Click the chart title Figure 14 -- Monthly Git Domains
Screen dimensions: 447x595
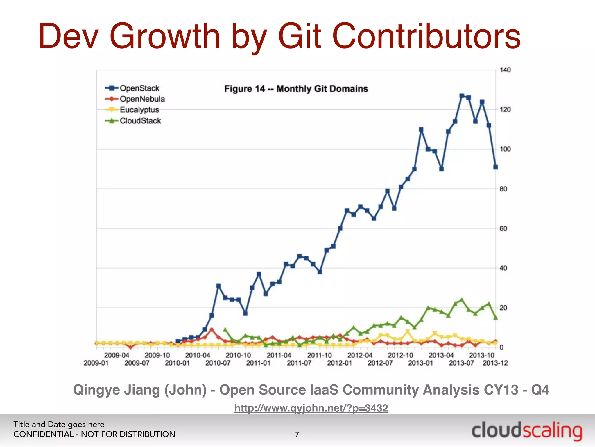[296, 89]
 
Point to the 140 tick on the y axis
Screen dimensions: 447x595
[505, 70]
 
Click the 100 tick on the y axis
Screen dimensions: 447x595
[505, 149]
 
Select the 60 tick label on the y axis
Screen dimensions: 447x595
[503, 229]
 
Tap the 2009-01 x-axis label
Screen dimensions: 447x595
[96, 363]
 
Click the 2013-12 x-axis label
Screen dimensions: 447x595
[495, 363]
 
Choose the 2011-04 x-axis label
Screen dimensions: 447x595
[279, 355]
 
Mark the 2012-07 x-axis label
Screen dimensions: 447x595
[380, 363]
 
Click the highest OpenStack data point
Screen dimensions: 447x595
[462, 96]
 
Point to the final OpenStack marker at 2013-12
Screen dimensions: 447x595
[496, 167]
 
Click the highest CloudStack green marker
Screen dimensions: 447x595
[462, 300]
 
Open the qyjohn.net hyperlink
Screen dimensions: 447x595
[311, 408]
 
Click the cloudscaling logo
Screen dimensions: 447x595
[526, 431]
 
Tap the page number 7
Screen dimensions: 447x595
[297, 434]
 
